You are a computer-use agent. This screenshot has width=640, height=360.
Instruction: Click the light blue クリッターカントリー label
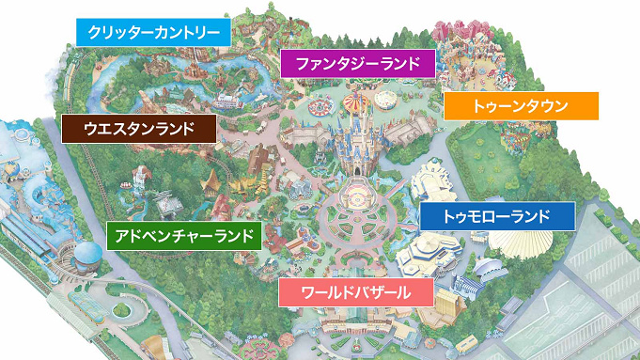coord(152,32)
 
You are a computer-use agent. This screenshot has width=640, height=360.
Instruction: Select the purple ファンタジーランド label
coord(358,64)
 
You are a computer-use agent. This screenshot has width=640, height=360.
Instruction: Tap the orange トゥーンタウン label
coord(520,105)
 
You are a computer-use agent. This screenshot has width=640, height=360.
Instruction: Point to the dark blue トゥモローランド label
coord(496,216)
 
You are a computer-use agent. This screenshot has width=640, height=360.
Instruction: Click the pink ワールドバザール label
coord(356,292)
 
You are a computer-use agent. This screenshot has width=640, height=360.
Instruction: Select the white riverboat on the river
coord(228,99)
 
